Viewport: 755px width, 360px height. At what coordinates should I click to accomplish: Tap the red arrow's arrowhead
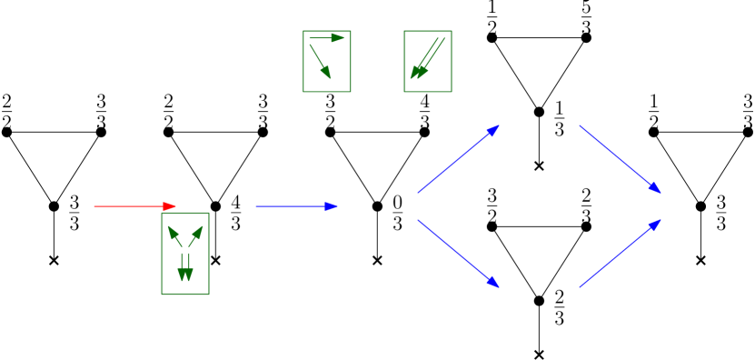[170, 206]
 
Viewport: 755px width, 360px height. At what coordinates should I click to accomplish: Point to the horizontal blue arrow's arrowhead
[333, 206]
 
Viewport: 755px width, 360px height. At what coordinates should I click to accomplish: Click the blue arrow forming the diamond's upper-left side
[457, 160]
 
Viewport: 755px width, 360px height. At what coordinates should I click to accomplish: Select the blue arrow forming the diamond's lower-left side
[457, 253]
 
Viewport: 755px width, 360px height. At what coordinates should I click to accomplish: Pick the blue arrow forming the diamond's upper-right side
[619, 159]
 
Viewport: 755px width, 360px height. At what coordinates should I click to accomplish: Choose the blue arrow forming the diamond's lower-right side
[619, 254]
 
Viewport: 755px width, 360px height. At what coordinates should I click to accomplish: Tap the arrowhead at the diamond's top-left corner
[493, 130]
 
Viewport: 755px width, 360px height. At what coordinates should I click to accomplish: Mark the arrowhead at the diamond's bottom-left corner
[493, 283]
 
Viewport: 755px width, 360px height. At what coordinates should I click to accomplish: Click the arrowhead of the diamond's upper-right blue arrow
[655, 188]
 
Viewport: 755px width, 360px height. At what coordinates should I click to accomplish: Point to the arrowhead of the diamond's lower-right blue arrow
[655, 225]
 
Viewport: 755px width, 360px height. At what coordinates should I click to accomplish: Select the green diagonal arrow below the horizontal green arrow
[320, 61]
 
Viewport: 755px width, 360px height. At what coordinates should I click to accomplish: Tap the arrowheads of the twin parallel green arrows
[417, 72]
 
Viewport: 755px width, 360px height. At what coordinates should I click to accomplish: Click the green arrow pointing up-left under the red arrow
[175, 236]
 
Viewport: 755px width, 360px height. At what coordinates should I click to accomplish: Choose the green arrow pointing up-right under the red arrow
[195, 236]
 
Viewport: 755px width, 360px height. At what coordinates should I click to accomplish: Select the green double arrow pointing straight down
[185, 266]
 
